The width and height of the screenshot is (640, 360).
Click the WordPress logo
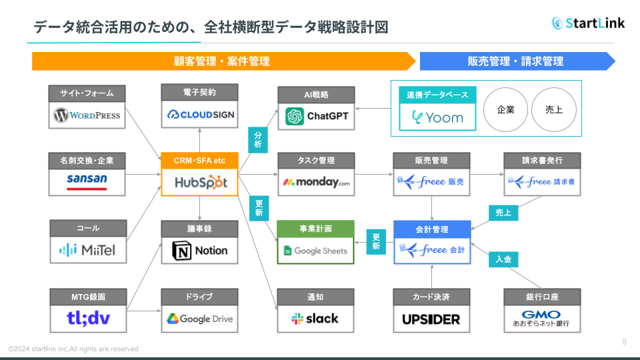tap(87, 115)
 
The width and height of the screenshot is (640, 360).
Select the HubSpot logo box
tap(199, 182)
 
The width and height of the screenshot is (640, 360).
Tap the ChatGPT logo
tap(316, 117)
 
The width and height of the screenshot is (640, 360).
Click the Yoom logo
tap(437, 117)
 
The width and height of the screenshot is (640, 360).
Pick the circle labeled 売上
tap(553, 109)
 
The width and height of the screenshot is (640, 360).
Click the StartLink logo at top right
tap(588, 23)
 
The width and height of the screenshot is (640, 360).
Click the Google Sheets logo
tap(316, 251)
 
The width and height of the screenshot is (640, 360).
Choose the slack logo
tap(316, 319)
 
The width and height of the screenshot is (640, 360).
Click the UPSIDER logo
tap(431, 319)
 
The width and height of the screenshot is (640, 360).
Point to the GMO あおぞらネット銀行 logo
tap(541, 319)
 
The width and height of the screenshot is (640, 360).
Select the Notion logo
tap(199, 251)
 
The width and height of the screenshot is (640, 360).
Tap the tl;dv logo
tap(87, 319)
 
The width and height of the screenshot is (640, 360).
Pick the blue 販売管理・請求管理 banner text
tap(515, 61)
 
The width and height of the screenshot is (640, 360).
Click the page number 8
tap(624, 342)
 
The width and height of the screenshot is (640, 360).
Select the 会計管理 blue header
tap(431, 229)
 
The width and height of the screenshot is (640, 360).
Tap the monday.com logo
tap(316, 182)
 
